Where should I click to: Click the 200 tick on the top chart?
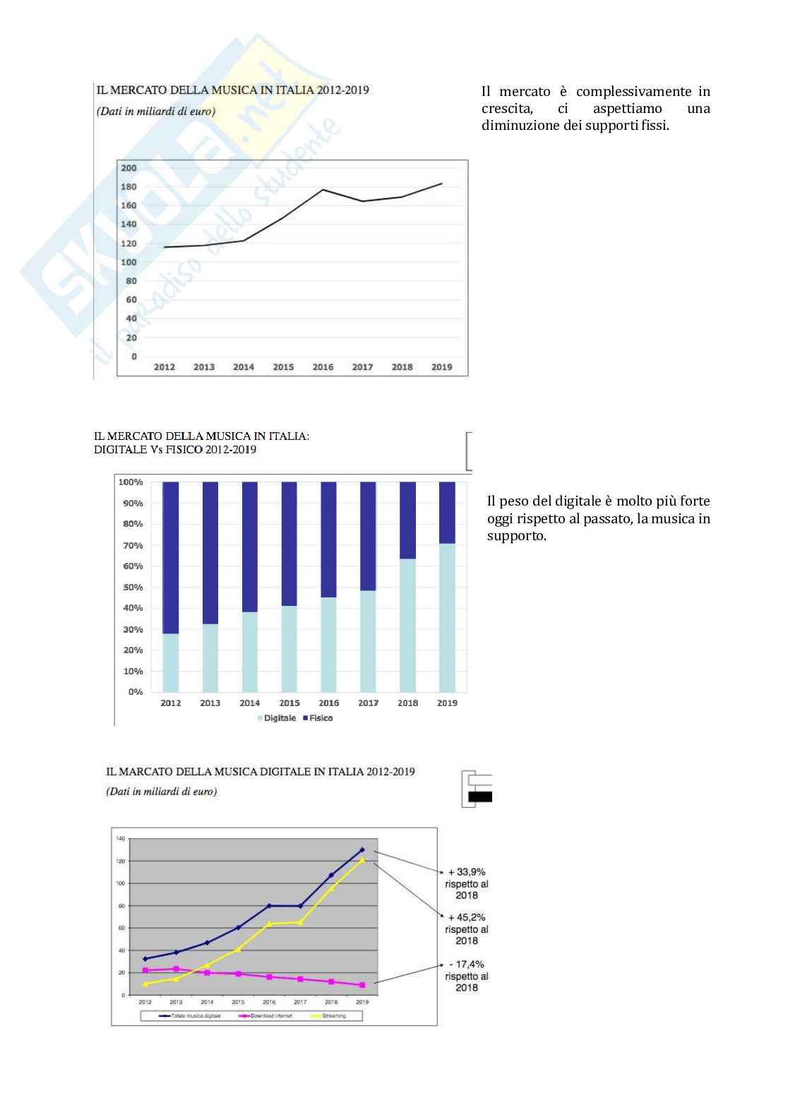click(x=129, y=168)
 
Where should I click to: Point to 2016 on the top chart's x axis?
click(x=323, y=367)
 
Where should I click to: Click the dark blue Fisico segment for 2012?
click(x=170, y=558)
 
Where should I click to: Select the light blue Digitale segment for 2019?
click(x=447, y=617)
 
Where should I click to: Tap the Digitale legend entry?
click(x=280, y=718)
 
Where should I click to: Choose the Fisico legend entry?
click(x=321, y=718)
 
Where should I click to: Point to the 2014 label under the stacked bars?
click(x=249, y=703)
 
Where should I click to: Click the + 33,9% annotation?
click(x=467, y=872)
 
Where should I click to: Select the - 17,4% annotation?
click(x=467, y=964)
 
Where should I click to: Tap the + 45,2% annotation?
click(x=467, y=917)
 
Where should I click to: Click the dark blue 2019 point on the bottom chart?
click(x=362, y=849)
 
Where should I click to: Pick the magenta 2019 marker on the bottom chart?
click(x=362, y=985)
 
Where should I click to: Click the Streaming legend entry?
click(x=334, y=1016)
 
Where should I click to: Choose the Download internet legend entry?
click(x=271, y=1016)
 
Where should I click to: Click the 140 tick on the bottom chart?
click(x=120, y=838)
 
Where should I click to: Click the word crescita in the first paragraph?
click(x=507, y=109)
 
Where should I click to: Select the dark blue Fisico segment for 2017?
click(x=368, y=536)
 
